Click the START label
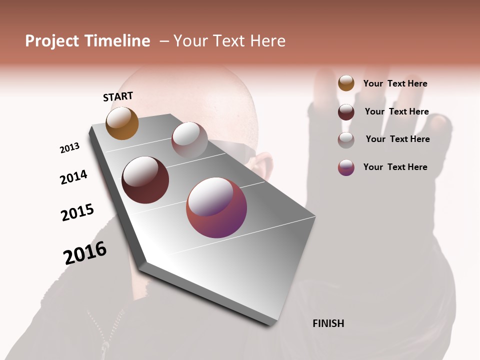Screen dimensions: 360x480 [118, 96]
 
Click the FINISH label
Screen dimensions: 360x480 [328, 323]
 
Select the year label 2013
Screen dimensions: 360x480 [69, 148]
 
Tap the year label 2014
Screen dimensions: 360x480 [73, 177]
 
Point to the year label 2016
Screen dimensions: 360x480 [85, 253]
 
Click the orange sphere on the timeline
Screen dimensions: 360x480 [122, 123]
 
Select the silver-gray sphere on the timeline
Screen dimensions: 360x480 [189, 139]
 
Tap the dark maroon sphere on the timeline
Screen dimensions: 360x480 [145, 180]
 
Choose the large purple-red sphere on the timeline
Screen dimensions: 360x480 [216, 207]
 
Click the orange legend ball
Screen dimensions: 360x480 [346, 83]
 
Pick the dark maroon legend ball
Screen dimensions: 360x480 [346, 112]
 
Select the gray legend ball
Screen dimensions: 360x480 [346, 140]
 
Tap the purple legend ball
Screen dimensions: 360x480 [346, 167]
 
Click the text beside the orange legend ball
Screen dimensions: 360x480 [395, 83]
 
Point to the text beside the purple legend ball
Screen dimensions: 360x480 [395, 167]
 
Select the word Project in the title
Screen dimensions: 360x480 [52, 41]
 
